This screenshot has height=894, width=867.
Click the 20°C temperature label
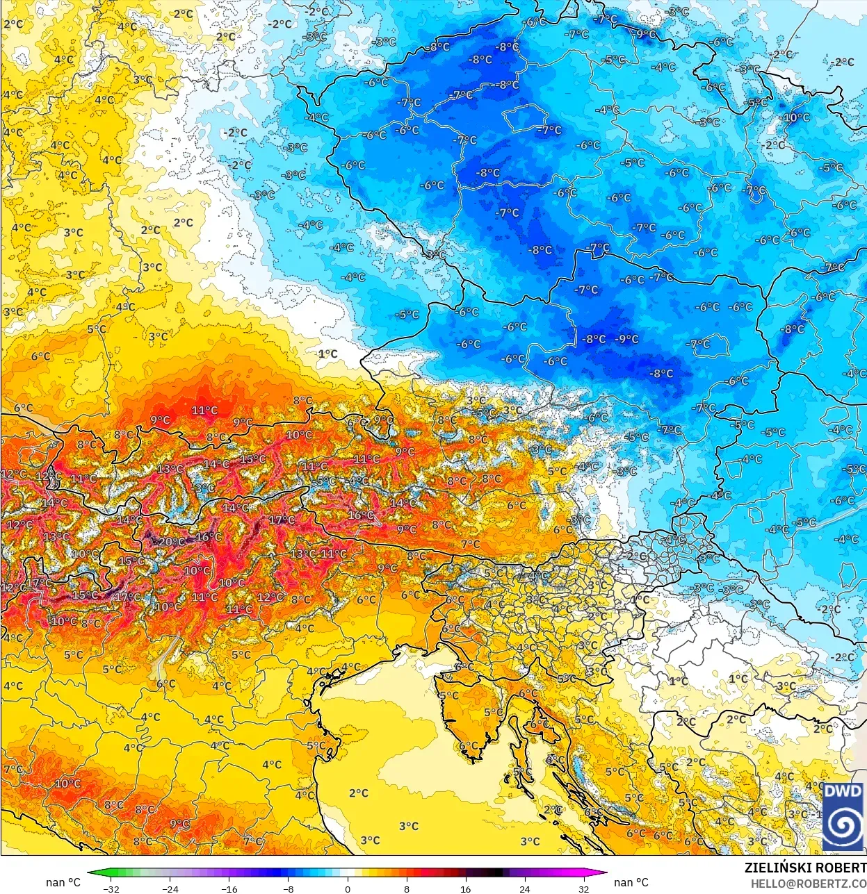pos(171,542)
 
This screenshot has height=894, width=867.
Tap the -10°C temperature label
pos(796,117)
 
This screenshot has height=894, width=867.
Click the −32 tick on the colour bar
pos(111,888)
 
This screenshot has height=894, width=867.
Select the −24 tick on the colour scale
pos(170,888)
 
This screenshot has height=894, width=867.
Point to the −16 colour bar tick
pos(229,888)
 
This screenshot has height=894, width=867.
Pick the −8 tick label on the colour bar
pos(288,888)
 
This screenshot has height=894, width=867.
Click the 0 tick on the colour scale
pos(348,888)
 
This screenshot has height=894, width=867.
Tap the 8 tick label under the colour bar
pos(407,888)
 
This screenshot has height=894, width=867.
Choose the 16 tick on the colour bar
pos(465,888)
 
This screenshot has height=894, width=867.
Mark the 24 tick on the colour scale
pos(524,888)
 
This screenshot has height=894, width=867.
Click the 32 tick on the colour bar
pos(583,888)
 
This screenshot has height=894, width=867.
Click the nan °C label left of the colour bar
pos(63,882)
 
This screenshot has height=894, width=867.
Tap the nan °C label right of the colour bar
pos(631,882)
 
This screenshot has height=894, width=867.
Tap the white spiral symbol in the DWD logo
pos(843,827)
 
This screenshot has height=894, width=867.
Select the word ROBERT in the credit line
pos(841,868)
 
